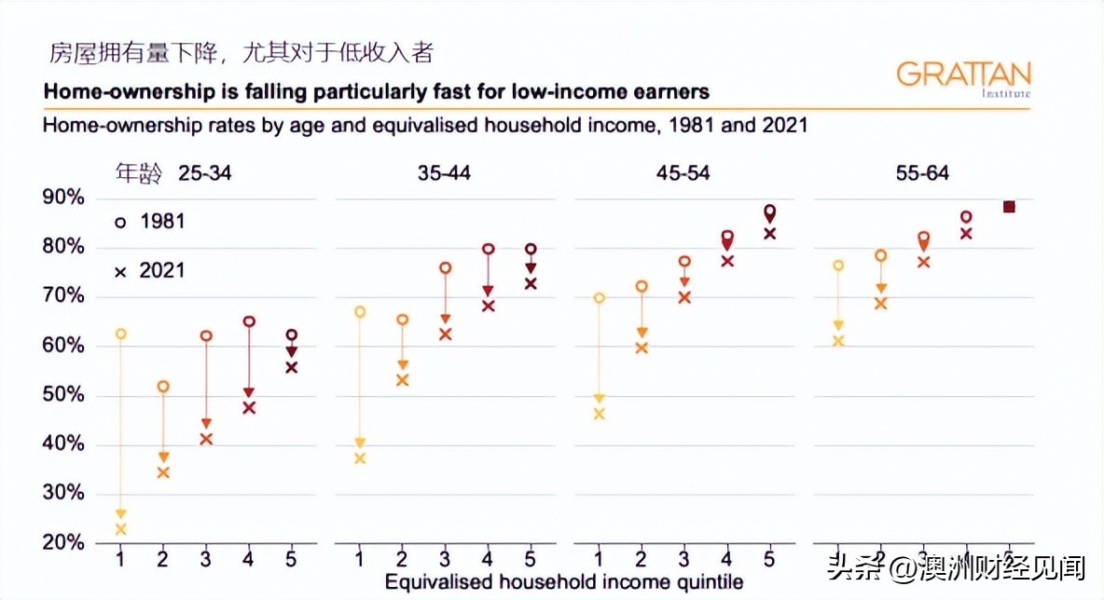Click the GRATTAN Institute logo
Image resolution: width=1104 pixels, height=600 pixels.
(963, 77)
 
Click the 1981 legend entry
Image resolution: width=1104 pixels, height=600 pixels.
(150, 222)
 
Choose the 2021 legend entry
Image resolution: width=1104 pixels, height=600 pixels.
(150, 271)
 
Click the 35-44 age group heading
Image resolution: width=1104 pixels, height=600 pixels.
(445, 173)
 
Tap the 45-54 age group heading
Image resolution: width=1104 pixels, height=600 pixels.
(683, 173)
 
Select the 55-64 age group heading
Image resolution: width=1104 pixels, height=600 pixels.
(922, 173)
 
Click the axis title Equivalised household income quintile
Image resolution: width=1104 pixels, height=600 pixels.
(564, 582)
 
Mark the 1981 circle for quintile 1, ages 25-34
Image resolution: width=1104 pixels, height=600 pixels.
(119, 334)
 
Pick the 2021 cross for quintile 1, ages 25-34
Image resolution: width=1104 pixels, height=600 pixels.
(119, 529)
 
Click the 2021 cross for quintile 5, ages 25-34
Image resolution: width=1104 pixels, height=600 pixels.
(292, 367)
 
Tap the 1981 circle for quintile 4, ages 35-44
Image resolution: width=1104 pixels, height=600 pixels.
(488, 249)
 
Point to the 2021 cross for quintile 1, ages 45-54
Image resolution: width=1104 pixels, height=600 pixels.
(599, 414)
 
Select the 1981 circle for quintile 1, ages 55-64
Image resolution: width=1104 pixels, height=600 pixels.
(838, 266)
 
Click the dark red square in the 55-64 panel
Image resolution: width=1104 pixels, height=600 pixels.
(1008, 207)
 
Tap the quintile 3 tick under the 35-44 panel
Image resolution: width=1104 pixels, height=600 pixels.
(445, 558)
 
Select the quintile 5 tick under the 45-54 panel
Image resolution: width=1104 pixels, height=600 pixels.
(769, 558)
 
